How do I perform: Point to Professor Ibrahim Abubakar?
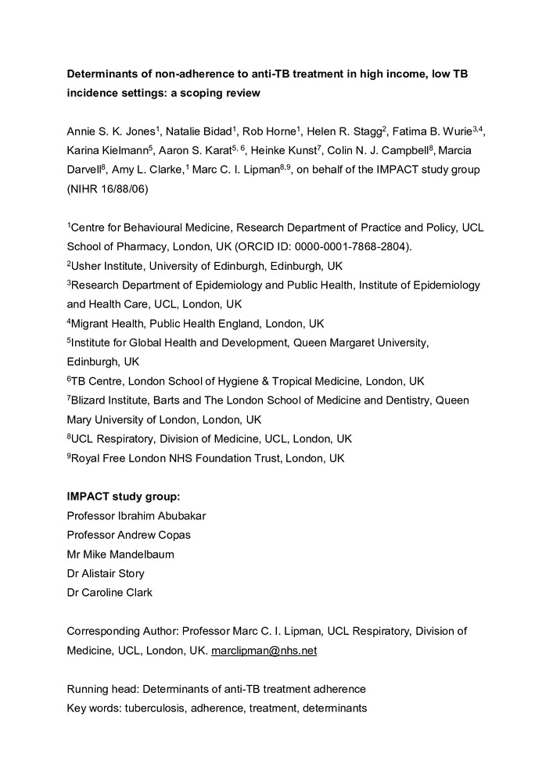coord(138,516)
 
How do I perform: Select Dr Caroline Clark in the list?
coord(110,592)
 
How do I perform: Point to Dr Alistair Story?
coord(105,573)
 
